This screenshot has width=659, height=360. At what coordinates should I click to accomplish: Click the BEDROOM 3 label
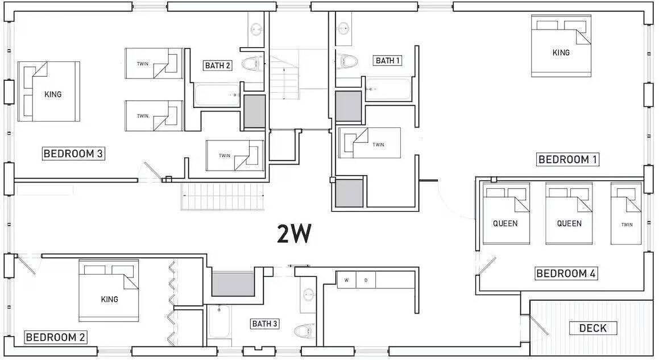[73, 154]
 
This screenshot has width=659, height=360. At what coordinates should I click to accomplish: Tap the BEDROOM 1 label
[567, 159]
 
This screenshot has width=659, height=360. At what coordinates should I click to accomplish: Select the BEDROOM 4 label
[566, 274]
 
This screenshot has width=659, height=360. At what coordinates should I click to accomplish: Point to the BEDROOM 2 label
[56, 337]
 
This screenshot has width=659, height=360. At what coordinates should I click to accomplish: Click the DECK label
[592, 328]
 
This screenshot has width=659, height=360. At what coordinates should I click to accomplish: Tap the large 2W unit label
[294, 234]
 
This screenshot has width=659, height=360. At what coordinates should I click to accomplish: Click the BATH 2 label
[217, 65]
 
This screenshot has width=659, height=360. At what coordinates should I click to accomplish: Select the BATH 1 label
[388, 60]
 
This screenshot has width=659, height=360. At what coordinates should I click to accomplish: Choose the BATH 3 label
[264, 324]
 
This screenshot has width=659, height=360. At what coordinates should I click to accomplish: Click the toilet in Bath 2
[252, 64]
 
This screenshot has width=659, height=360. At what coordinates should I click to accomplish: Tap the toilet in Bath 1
[347, 61]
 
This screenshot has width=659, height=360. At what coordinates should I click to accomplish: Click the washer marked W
[347, 280]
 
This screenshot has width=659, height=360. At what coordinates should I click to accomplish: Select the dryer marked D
[366, 280]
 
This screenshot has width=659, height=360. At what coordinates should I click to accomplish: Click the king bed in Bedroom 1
[561, 46]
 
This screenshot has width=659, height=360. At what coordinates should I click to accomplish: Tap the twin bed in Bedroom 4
[626, 213]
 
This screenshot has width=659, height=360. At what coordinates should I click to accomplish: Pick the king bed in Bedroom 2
[109, 291]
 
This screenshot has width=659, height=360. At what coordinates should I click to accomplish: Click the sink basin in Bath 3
[309, 295]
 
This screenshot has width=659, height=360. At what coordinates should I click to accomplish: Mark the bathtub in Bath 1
[388, 89]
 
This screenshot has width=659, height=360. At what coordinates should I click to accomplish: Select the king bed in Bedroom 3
[49, 92]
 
